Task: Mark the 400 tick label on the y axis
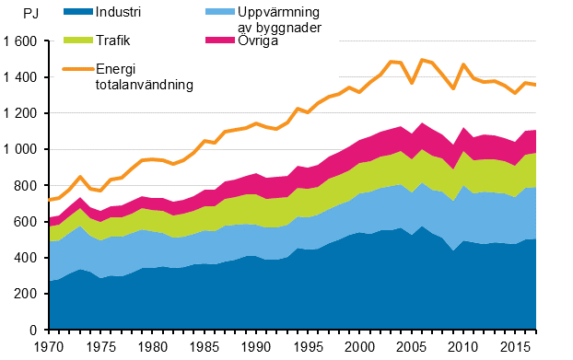[x=28, y=258]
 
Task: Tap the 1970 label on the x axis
[x=49, y=347]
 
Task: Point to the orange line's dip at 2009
[x=451, y=88]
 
